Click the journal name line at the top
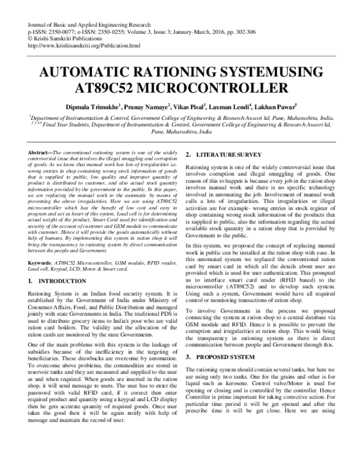(x=79, y=22)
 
